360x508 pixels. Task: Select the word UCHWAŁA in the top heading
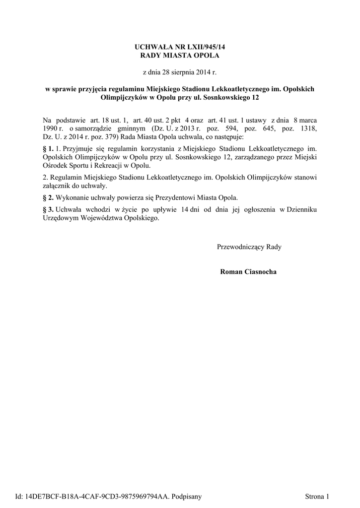click(x=151, y=47)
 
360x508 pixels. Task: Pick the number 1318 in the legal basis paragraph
click(x=307, y=128)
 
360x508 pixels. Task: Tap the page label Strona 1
click(x=318, y=496)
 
